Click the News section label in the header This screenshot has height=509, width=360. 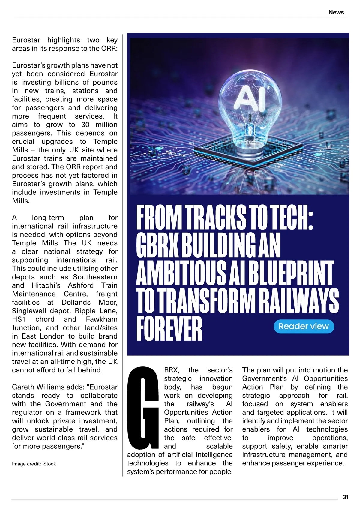[336, 12]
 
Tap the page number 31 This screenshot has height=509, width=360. [345, 497]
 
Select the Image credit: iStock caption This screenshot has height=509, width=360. [34, 464]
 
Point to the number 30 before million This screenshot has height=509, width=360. [85, 125]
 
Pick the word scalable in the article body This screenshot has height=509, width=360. [219, 446]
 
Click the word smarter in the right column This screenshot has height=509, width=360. [335, 446]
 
